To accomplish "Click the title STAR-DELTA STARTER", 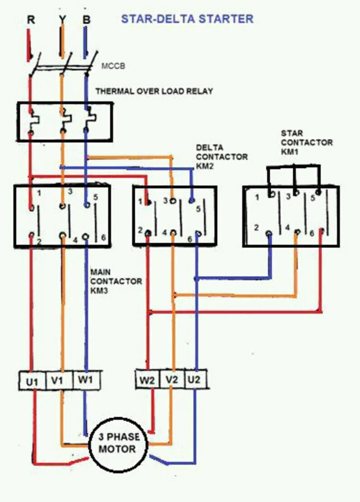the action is [187, 19].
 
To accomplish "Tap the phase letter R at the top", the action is [31, 20].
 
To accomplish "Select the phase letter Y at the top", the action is [62, 20].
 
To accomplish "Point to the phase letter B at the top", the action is [86, 20].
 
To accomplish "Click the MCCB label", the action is [113, 66].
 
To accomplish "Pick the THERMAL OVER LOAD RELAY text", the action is [154, 91].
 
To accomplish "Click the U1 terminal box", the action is [33, 380].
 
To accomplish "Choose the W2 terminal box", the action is [147, 380].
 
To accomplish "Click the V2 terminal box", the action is [172, 380].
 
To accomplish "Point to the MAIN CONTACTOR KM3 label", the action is [116, 281].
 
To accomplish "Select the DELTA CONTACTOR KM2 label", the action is [222, 157].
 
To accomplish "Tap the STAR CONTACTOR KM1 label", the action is [307, 142].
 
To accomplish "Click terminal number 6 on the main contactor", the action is [104, 238].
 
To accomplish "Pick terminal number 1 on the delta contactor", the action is [140, 202].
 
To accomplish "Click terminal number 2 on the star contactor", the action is [256, 228].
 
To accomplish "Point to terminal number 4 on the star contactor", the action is [287, 228].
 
